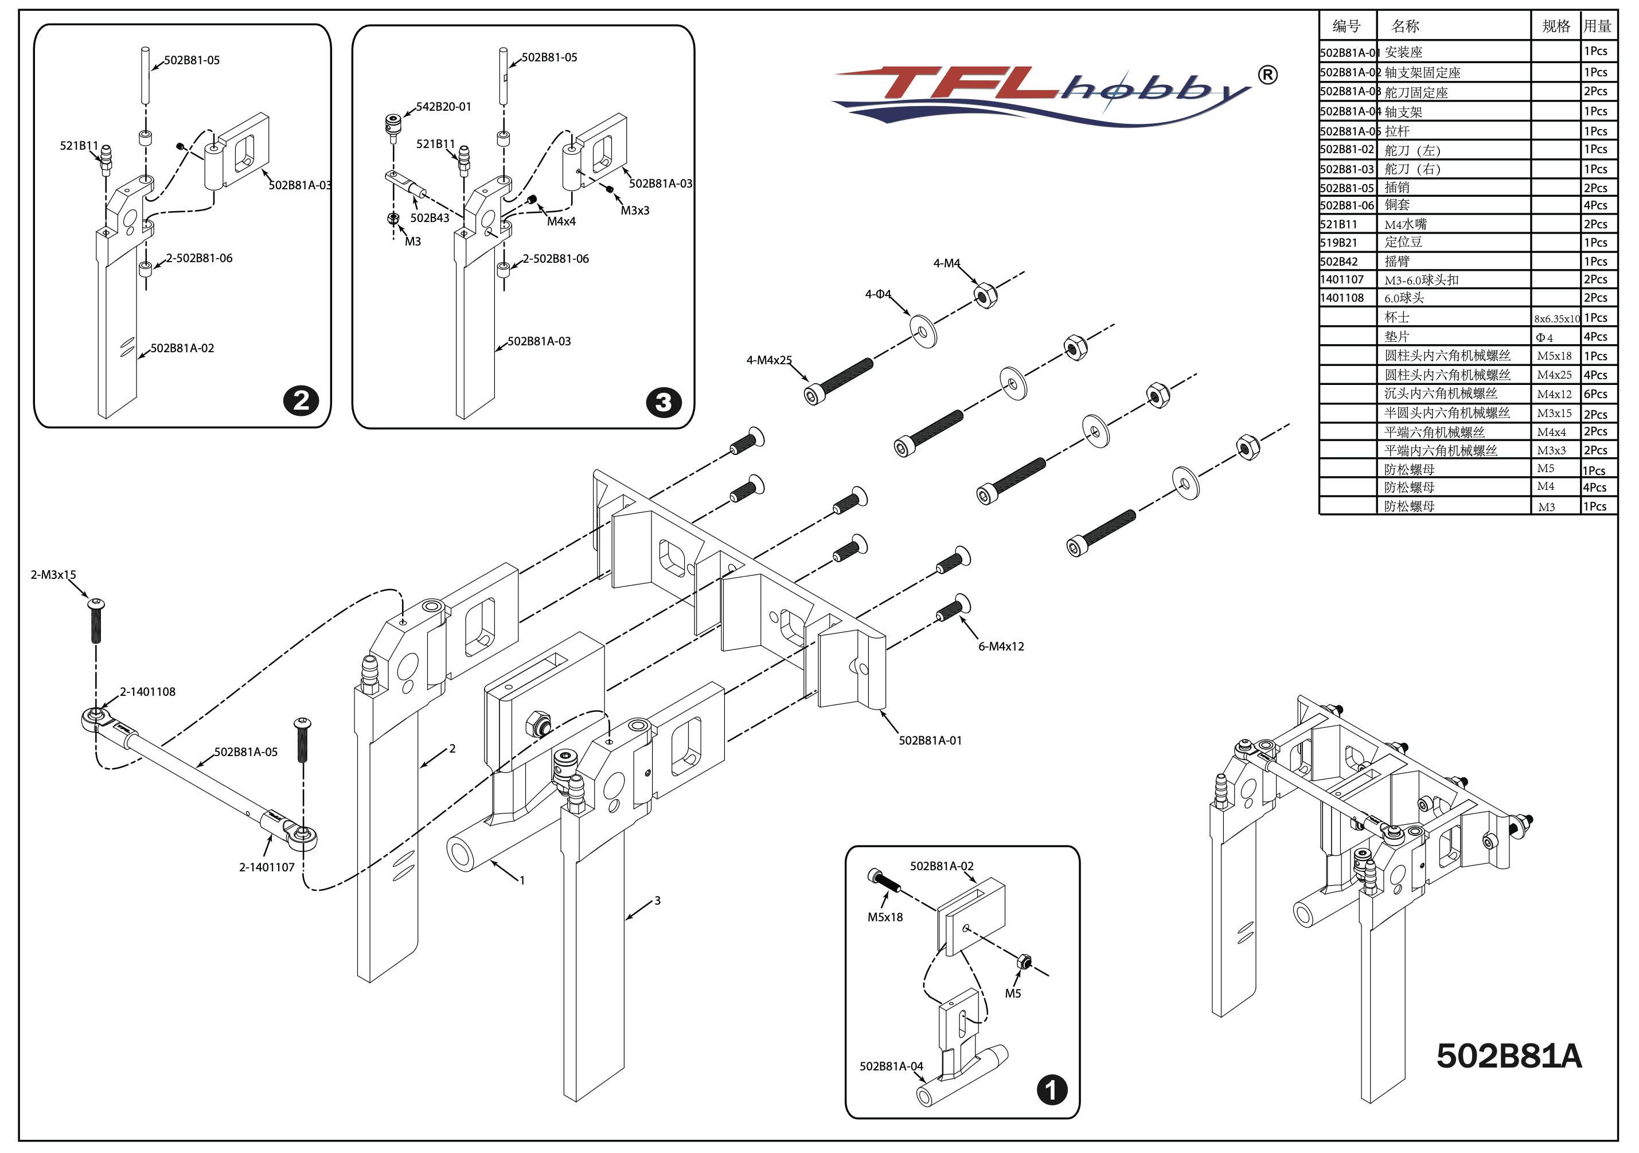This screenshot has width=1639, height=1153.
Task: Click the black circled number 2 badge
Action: coord(301,400)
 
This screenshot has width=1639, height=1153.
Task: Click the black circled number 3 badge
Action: coord(663,403)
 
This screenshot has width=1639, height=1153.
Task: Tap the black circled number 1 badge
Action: coord(1052,1090)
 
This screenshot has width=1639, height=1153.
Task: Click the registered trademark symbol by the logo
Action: coord(1267,75)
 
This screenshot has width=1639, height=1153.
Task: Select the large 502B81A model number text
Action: coord(1508,1057)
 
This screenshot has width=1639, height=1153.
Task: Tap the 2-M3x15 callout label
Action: coord(53,575)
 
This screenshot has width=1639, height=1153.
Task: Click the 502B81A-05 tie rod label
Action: coord(245,752)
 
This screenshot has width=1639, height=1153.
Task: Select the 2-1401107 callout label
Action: coord(266,867)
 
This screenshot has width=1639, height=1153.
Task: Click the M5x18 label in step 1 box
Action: coord(884,917)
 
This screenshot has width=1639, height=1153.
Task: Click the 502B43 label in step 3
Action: coord(429,219)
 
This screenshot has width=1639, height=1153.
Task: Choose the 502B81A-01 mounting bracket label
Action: coord(930,741)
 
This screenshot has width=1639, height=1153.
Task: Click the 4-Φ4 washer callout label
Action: coord(877,294)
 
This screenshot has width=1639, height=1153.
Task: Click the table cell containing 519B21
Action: coord(1338,243)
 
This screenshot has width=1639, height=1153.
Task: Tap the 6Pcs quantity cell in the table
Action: coord(1595,394)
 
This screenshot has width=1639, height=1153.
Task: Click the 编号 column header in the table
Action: coord(1347,26)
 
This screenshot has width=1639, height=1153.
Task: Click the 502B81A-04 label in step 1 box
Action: coord(891,1066)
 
